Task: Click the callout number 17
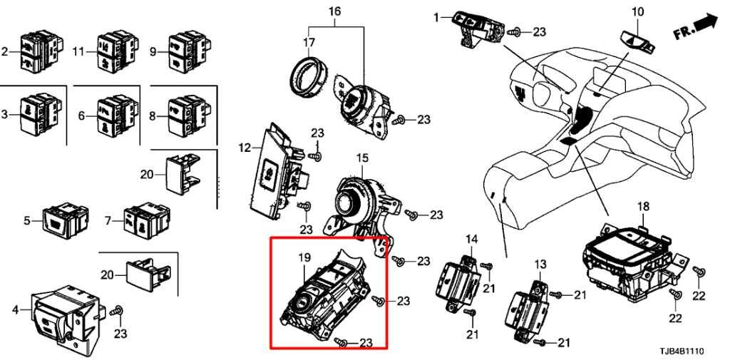point(309,42)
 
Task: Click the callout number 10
point(637,11)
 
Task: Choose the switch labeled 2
point(40,51)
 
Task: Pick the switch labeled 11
point(116,51)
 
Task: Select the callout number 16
point(335,10)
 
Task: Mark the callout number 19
point(304,257)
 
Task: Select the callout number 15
point(362,158)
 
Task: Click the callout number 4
point(16,309)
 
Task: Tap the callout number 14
point(472,240)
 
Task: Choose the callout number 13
point(540,264)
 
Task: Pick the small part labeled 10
point(638,41)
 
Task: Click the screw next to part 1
point(515,32)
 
